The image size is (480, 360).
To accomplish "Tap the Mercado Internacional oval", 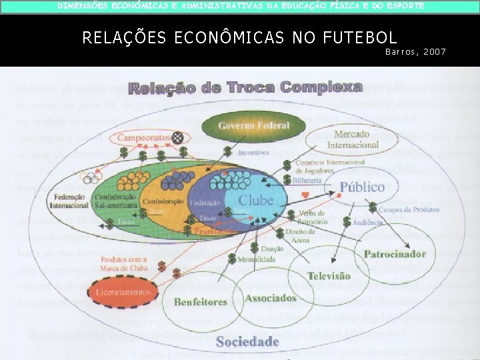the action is click(x=356, y=139).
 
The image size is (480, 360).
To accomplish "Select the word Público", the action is click(x=362, y=187).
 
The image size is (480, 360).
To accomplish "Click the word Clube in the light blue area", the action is click(x=256, y=199).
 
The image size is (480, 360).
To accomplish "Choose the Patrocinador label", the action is click(x=395, y=253).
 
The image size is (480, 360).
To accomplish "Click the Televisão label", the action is click(x=329, y=275).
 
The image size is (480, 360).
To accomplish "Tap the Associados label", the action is click(x=270, y=298).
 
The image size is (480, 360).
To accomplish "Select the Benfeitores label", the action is click(x=201, y=302).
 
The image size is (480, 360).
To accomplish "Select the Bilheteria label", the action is click(x=310, y=180).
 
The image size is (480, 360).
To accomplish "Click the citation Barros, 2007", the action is click(x=415, y=51).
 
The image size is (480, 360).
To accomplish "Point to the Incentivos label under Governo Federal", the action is click(x=253, y=152).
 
